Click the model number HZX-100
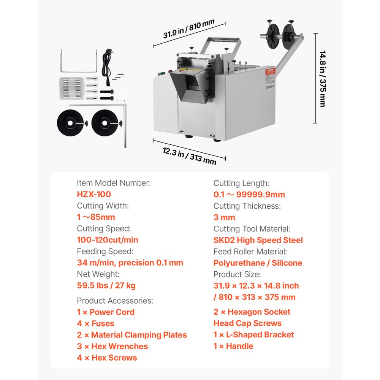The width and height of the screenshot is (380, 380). coord(94,194)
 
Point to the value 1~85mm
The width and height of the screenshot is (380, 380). coord(96,217)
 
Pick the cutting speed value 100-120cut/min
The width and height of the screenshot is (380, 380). coord(108,240)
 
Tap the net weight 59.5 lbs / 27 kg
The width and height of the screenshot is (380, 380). coord(106,285)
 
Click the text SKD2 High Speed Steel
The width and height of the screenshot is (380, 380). coord(258,240)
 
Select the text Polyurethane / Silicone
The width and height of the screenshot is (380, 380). coord(258,263)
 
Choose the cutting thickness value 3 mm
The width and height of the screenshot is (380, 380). coord(224,217)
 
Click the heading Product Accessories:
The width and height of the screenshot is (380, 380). coord(115,301)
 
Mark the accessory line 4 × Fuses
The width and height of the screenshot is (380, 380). coord(95,323)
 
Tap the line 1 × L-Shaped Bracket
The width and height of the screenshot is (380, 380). coord(253,334)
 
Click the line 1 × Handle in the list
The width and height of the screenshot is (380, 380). coord(233,346)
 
